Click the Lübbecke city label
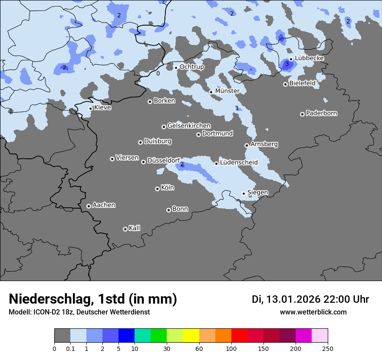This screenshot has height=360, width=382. tap(309, 58)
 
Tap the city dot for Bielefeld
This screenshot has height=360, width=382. tap(286, 84)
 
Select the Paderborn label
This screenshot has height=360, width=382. tap(321, 113)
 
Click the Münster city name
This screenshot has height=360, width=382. tap(227, 91)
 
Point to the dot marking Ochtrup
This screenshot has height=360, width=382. tap(176, 68)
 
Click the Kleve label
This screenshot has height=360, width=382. tap(102, 108)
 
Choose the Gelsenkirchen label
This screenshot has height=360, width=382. tap(189, 126)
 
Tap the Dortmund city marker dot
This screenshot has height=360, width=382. tap(198, 134)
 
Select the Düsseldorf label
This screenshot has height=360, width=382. tap(164, 160)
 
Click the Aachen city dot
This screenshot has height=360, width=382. tap(89, 206)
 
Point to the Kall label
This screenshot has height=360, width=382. tap(134, 228)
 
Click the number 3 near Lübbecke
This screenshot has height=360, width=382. tap(286, 64)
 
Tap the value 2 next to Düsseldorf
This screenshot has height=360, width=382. tap(182, 164)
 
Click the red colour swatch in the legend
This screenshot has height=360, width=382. tap(239, 336)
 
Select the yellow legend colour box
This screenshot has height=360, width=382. tap(191, 336)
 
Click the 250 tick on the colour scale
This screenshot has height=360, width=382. tap(328, 348)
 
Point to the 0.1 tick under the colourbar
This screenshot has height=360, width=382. tap(70, 348)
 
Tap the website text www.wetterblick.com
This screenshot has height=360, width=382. tap(313, 312)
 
